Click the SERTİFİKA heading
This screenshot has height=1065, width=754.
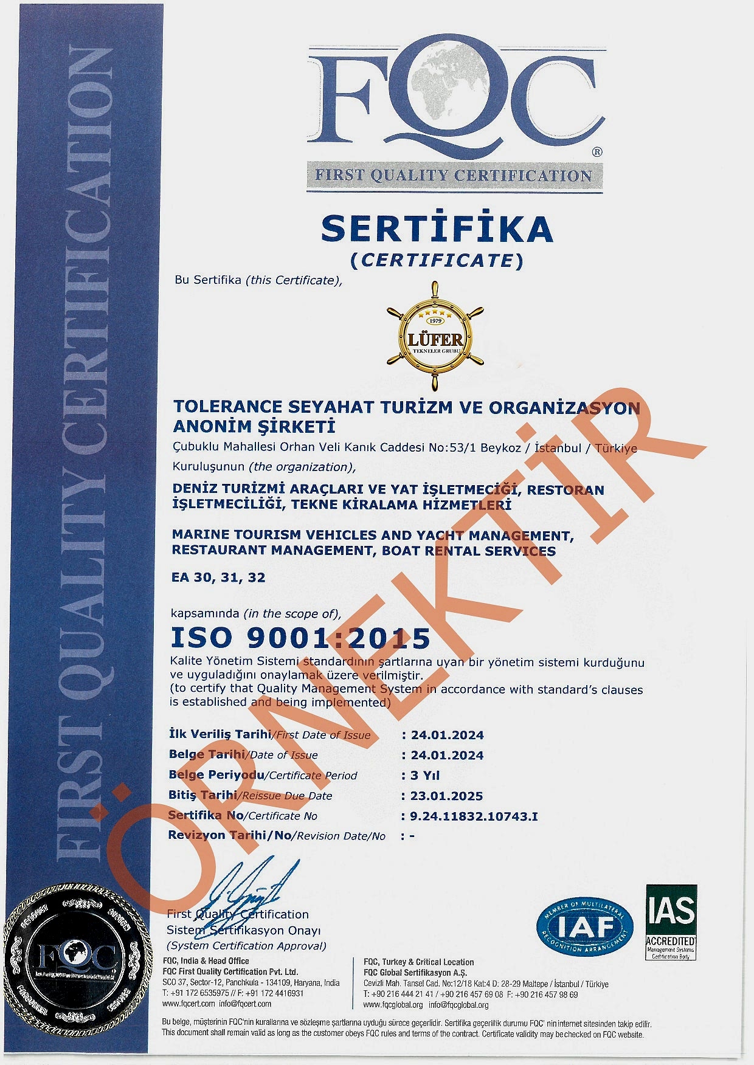(437, 229)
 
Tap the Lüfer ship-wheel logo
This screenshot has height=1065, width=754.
(435, 336)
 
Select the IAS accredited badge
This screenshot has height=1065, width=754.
(671, 922)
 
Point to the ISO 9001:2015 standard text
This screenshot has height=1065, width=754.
(300, 638)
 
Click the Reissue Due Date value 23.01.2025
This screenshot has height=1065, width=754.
(447, 796)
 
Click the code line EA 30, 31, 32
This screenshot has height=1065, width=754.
(219, 577)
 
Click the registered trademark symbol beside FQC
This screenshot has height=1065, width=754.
(597, 152)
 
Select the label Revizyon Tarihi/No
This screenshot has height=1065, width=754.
(230, 835)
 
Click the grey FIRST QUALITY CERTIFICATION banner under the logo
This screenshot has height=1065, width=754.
(454, 176)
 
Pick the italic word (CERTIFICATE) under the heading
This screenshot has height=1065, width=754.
(437, 260)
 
